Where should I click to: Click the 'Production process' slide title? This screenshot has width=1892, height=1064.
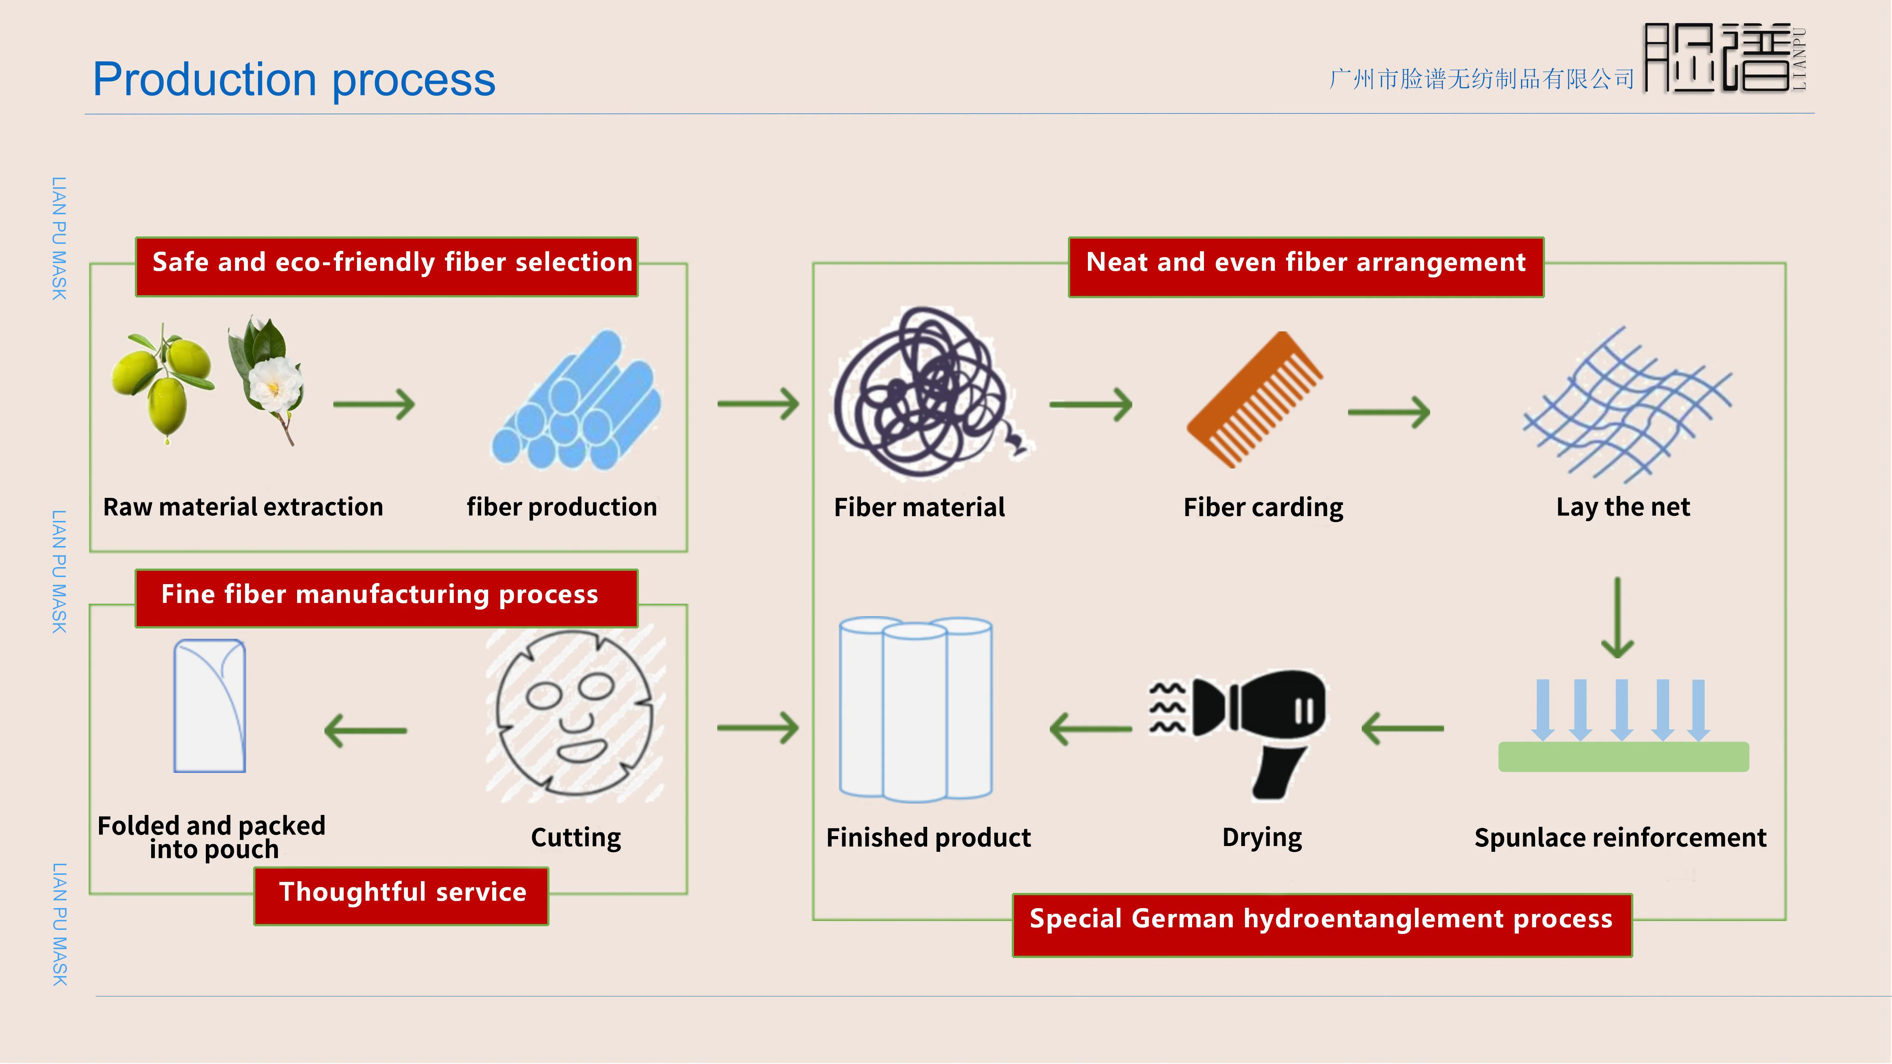pos(294,79)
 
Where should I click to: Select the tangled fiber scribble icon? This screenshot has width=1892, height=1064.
pos(927,393)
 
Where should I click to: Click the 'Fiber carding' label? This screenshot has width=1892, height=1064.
pos(1263,507)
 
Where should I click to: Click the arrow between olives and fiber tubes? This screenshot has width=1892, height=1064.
pos(375,404)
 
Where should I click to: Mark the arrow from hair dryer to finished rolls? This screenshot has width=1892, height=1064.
pos(1092,729)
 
